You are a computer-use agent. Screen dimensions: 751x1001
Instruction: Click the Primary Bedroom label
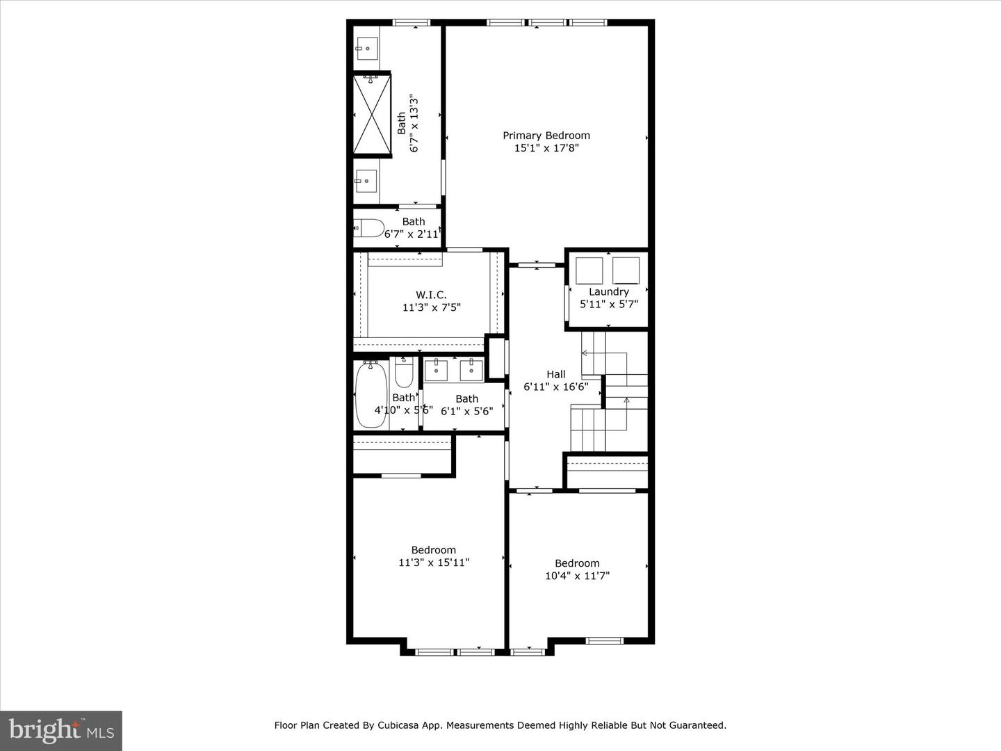[x=546, y=136]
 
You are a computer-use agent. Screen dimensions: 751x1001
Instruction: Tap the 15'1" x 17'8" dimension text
[x=546, y=148]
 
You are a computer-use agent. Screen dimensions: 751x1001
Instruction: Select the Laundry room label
[x=609, y=292]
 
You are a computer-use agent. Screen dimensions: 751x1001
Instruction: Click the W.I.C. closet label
[x=431, y=295]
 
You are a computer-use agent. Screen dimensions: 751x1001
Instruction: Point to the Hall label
[x=556, y=374]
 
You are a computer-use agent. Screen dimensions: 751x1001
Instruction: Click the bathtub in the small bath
[x=371, y=394]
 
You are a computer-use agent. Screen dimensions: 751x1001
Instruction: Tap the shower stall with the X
[x=372, y=113]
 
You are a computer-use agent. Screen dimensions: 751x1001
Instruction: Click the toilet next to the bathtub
[x=404, y=373]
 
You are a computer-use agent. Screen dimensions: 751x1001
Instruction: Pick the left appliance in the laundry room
[x=589, y=270]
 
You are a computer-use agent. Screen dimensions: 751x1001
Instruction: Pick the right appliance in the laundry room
[x=626, y=270]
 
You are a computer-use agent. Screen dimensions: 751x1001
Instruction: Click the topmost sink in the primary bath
[x=366, y=49]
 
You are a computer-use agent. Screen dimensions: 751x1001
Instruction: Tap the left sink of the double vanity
[x=436, y=370]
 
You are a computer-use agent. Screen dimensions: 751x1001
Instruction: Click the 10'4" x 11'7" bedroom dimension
[x=577, y=576]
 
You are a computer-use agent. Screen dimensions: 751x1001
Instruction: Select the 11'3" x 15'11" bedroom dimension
[x=434, y=563]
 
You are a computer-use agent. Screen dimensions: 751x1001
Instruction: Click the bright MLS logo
[x=61, y=730]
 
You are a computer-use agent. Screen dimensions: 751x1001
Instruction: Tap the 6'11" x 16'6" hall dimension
[x=556, y=387]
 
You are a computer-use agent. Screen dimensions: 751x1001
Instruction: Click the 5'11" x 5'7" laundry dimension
[x=609, y=304]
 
